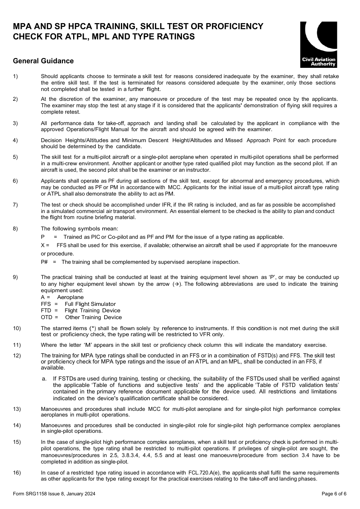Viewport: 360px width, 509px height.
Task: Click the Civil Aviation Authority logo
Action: [x=318, y=44]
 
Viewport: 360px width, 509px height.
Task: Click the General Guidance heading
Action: [x=43, y=61]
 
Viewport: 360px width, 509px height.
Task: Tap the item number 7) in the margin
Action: [x=15, y=205]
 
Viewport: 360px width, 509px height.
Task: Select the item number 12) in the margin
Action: [x=17, y=356]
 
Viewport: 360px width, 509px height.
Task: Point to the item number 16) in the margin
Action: [x=17, y=473]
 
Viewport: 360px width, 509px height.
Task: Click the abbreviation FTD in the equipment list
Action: [x=46, y=310]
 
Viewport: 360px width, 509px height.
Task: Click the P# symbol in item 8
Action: [x=44, y=262]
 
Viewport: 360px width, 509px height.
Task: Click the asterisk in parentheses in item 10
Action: [x=92, y=328]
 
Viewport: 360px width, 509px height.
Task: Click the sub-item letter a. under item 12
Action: [x=44, y=378]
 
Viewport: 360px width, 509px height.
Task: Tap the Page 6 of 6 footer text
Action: [x=334, y=493]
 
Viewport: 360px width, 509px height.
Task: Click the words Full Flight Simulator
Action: [x=90, y=304]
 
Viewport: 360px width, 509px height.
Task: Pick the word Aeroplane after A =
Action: [x=70, y=297]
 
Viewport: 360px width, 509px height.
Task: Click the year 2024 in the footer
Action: [x=89, y=493]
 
